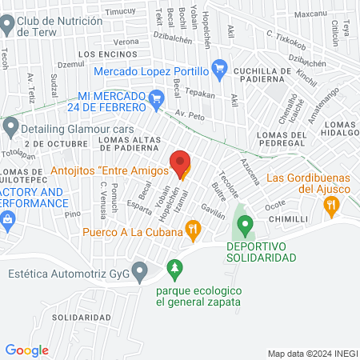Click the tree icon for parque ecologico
[x=171, y=266]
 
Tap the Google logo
[x=26, y=350]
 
